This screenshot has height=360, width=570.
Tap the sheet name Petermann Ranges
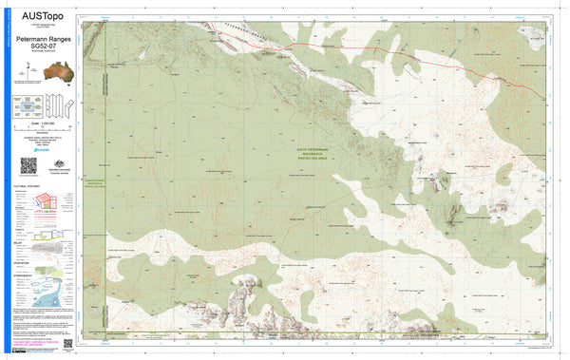pyautogui.click(x=41, y=40)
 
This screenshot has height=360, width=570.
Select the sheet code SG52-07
pyautogui.click(x=41, y=47)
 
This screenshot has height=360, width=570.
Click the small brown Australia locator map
pyautogui.click(x=41, y=72)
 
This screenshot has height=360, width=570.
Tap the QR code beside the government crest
pyautogui.click(x=28, y=165)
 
